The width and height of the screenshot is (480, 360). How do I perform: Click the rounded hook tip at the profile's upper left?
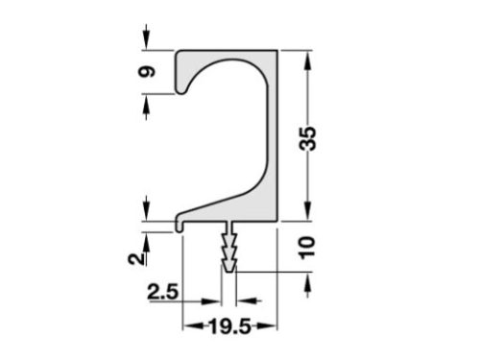[180, 90]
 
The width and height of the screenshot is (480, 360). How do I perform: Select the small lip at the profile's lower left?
[180, 225]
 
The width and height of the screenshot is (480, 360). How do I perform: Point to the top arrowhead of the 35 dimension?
[307, 57]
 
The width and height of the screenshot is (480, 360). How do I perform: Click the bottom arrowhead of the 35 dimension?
[307, 217]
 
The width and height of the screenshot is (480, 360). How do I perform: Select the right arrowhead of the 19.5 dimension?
[272, 327]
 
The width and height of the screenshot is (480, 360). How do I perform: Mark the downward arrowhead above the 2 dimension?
[146, 211]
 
